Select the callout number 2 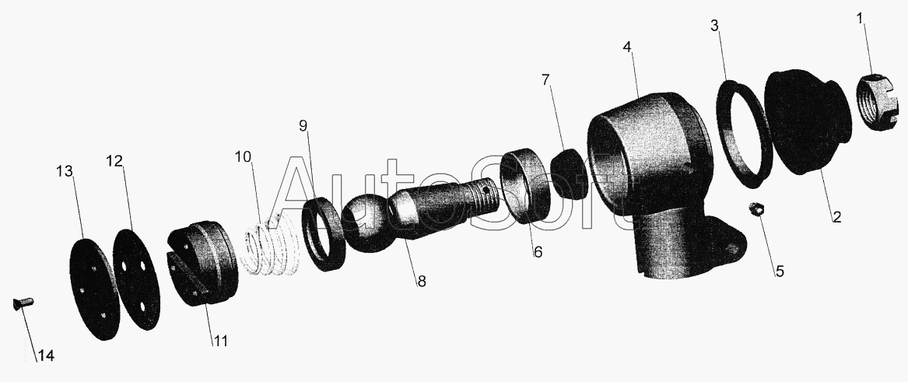[x=836, y=217]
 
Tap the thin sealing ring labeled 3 [x=744, y=134]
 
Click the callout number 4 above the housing [x=628, y=47]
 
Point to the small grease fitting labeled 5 [x=755, y=209]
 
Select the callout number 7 [x=545, y=80]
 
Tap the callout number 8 [x=422, y=282]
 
